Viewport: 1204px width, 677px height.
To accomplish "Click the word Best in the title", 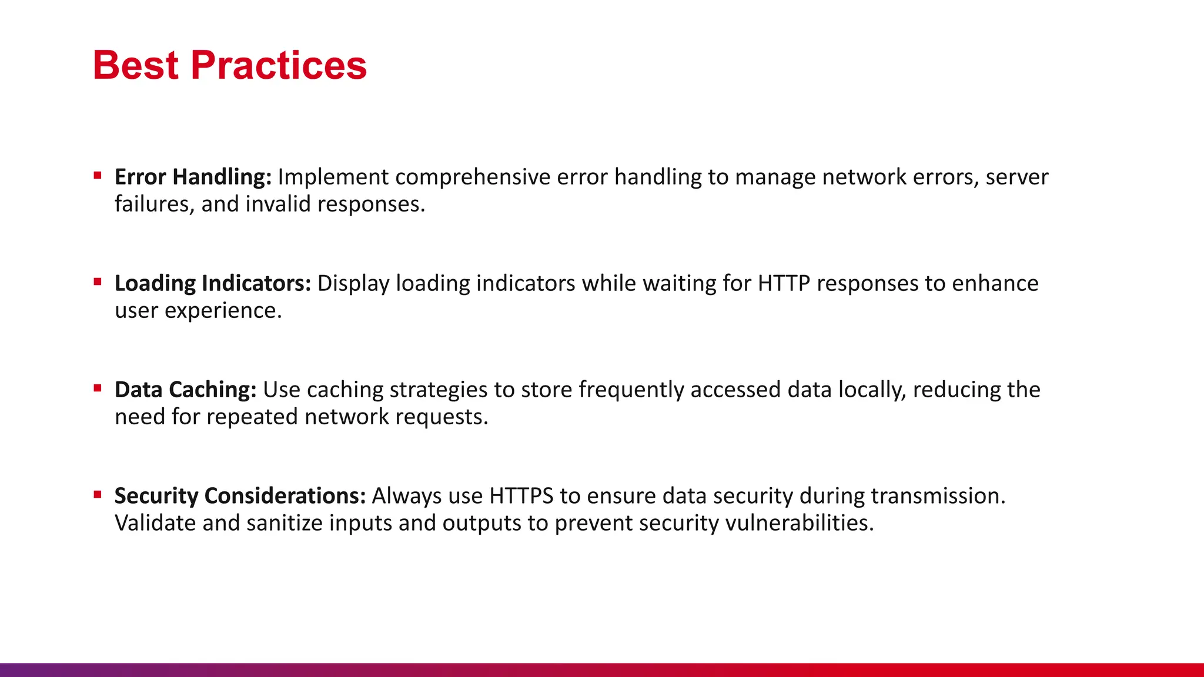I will pos(135,65).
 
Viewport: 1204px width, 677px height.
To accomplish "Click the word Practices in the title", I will pos(279,65).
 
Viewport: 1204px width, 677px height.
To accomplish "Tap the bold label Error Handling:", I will pos(193,177).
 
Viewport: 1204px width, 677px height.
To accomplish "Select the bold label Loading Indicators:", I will pos(212,283).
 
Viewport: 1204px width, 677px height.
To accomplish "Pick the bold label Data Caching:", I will pos(185,390).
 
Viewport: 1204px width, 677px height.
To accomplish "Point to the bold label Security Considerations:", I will pos(240,496).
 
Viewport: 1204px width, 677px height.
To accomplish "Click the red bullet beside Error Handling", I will pos(98,175).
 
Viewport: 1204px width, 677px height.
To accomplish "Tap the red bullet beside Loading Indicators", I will pos(98,281).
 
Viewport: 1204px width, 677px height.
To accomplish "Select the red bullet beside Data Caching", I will pos(98,388).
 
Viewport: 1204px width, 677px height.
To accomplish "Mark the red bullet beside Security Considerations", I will pos(98,494).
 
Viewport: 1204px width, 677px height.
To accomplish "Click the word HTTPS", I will pos(521,496).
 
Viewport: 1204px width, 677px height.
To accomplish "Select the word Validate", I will pos(155,523).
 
